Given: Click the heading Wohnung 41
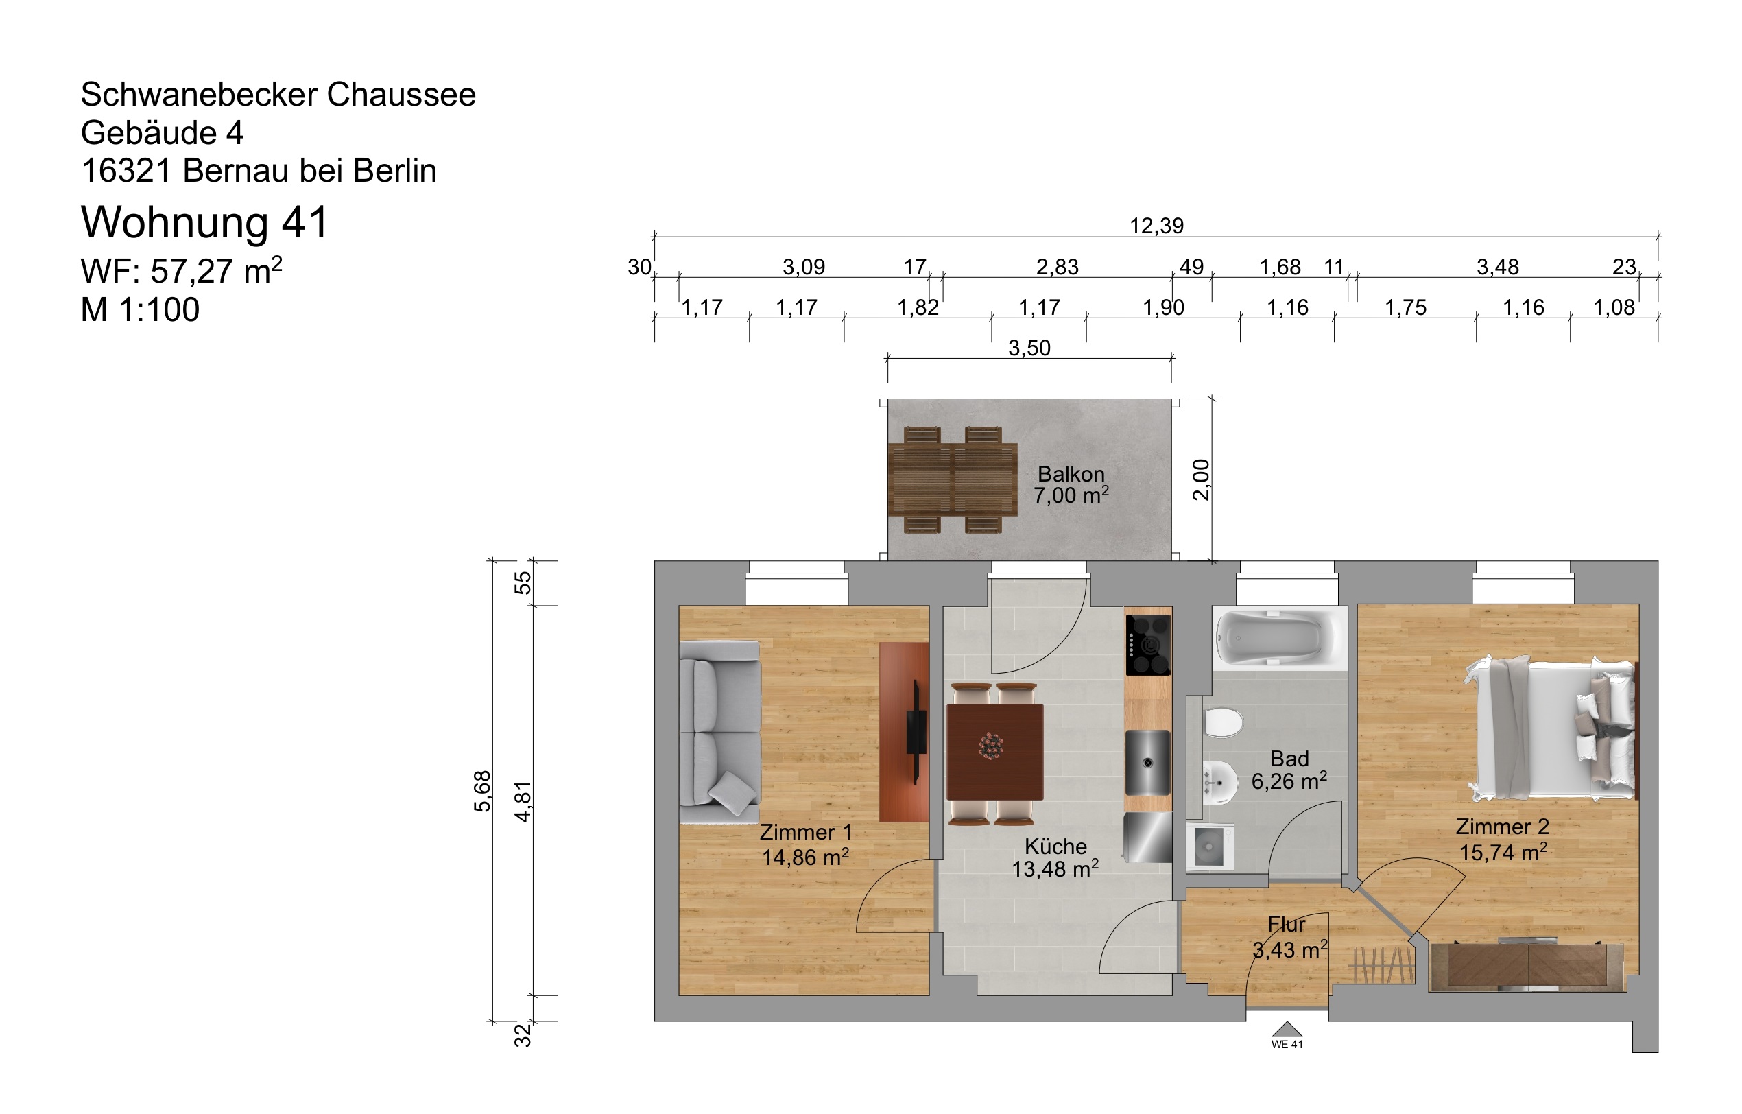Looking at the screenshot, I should click(205, 222).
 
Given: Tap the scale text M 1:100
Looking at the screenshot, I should click(140, 309).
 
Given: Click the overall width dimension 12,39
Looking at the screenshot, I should click(1156, 226).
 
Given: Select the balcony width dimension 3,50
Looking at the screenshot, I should click(1029, 348).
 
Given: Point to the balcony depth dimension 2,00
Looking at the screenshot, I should click(1200, 479).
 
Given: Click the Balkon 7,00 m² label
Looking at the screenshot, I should click(1071, 485).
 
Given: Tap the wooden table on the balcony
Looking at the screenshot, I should click(952, 479).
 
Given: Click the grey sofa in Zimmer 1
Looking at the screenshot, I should click(719, 731).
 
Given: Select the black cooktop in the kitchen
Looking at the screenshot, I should click(1147, 644).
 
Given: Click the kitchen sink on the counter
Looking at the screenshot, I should click(1147, 762).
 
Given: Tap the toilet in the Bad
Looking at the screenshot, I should click(1223, 722).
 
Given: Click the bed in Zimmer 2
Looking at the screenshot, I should click(1553, 728).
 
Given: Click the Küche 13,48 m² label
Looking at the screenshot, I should click(1055, 857).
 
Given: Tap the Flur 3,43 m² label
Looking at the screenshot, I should click(1289, 937).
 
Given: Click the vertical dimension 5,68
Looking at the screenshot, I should click(482, 791).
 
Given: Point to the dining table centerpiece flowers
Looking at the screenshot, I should click(990, 746).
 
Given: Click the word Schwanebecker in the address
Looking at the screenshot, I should click(199, 95).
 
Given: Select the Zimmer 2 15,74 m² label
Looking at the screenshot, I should click(1503, 839).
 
